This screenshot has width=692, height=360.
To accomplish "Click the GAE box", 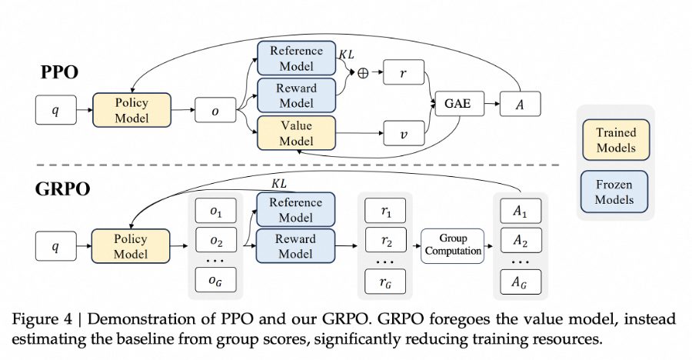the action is [460, 104].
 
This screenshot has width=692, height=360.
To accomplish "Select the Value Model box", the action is [296, 133].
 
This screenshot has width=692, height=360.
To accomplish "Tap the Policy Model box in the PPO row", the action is [131, 110].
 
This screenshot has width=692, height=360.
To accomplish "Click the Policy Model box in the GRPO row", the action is [131, 246].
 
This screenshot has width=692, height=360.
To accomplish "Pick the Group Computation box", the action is [453, 245].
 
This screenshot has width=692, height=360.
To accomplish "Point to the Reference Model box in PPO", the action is [296, 58].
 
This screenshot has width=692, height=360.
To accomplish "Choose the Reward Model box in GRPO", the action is [295, 246].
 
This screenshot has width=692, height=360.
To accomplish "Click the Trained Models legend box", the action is [616, 139].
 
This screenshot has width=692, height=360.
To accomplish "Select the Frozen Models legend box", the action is [614, 192].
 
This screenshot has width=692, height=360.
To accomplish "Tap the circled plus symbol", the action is [363, 73].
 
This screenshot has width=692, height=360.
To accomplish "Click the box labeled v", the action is [404, 133].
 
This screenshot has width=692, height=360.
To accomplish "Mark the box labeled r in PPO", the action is [404, 72].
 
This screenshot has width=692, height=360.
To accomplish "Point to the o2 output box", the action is [216, 240].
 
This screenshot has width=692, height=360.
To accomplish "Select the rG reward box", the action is [386, 280].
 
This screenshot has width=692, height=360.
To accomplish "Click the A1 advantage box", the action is [521, 211].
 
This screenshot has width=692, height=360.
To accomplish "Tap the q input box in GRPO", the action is [55, 246].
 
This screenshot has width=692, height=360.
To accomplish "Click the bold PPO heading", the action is [59, 72].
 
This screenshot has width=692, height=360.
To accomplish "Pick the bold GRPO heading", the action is [62, 188].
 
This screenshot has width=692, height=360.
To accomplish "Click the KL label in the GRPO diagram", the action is [278, 183].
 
